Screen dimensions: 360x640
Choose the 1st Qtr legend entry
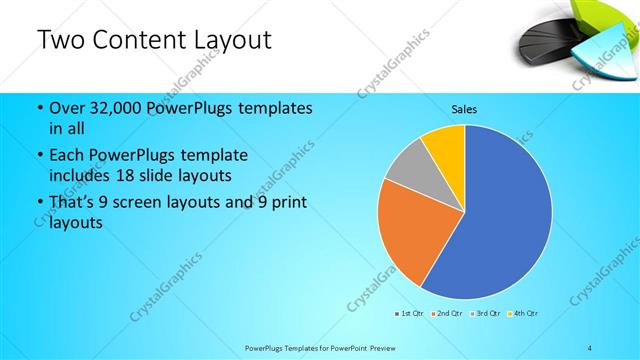pyautogui.click(x=409, y=314)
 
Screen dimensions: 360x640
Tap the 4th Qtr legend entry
pyautogui.click(x=523, y=314)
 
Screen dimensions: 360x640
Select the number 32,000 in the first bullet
pyautogui.click(x=110, y=108)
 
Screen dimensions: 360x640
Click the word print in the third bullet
pyautogui.click(x=289, y=203)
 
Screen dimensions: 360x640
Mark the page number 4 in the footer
pyautogui.click(x=590, y=347)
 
